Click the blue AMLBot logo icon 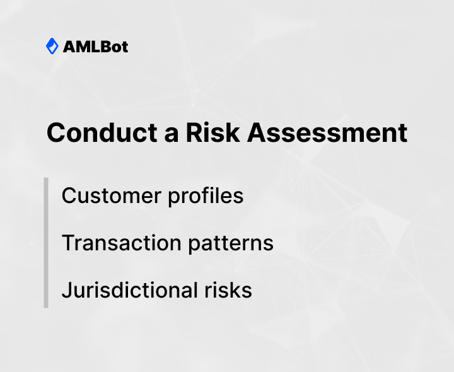click(52, 46)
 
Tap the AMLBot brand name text click(95, 47)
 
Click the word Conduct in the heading click(95, 133)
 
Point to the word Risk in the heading click(206, 133)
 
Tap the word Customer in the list click(110, 195)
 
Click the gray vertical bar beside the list click(46, 243)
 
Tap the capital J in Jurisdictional click(66, 290)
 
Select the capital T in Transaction click(68, 243)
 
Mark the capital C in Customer click(69, 195)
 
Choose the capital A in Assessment click(257, 133)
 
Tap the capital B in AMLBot click(101, 47)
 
